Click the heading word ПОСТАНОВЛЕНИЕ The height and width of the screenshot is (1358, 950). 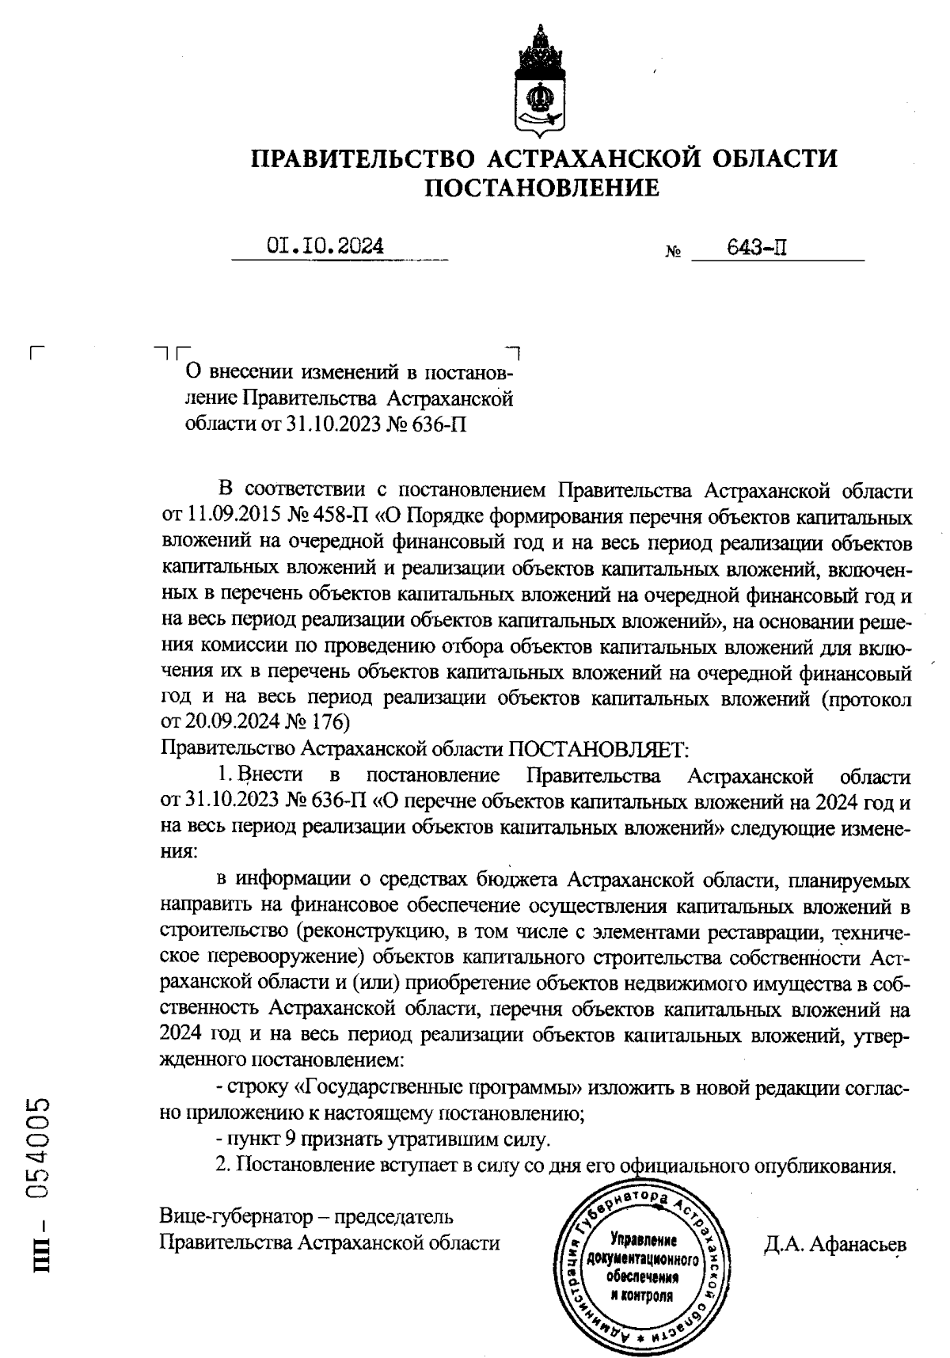pyautogui.click(x=542, y=188)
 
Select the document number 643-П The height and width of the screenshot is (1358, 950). pyautogui.click(x=756, y=248)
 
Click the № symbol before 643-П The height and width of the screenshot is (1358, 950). pyautogui.click(x=674, y=253)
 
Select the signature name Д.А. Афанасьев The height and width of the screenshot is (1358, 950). pyautogui.click(x=834, y=1245)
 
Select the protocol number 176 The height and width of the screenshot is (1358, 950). pyautogui.click(x=330, y=722)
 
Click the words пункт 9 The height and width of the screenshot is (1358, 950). pyautogui.click(x=260, y=1140)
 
